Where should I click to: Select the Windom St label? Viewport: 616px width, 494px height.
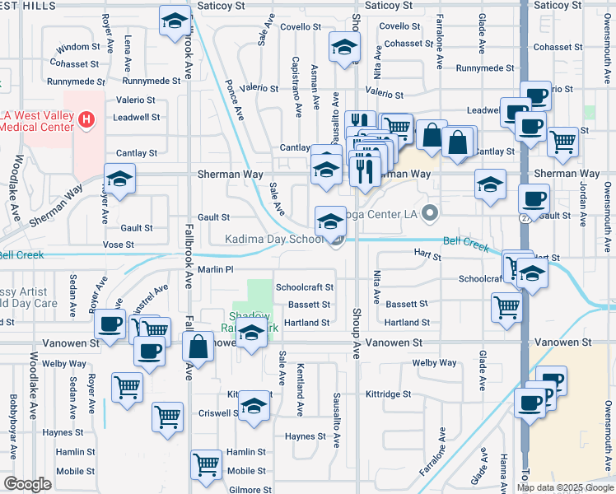tap(79, 48)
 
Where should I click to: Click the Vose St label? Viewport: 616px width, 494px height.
tap(118, 245)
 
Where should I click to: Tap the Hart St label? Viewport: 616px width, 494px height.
tap(428, 257)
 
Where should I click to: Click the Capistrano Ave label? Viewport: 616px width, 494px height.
tap(295, 84)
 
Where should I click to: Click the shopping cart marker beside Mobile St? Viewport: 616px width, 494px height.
tap(206, 464)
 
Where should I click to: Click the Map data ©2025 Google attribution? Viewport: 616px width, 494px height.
tap(564, 487)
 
